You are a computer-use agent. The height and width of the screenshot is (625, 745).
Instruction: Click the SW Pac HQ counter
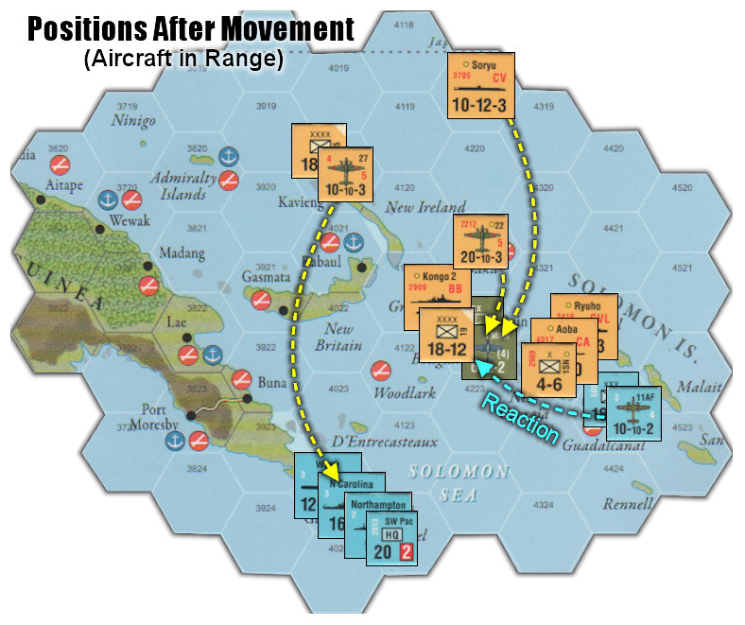tap(392, 536)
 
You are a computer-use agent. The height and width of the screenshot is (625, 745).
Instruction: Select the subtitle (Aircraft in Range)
tap(183, 60)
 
